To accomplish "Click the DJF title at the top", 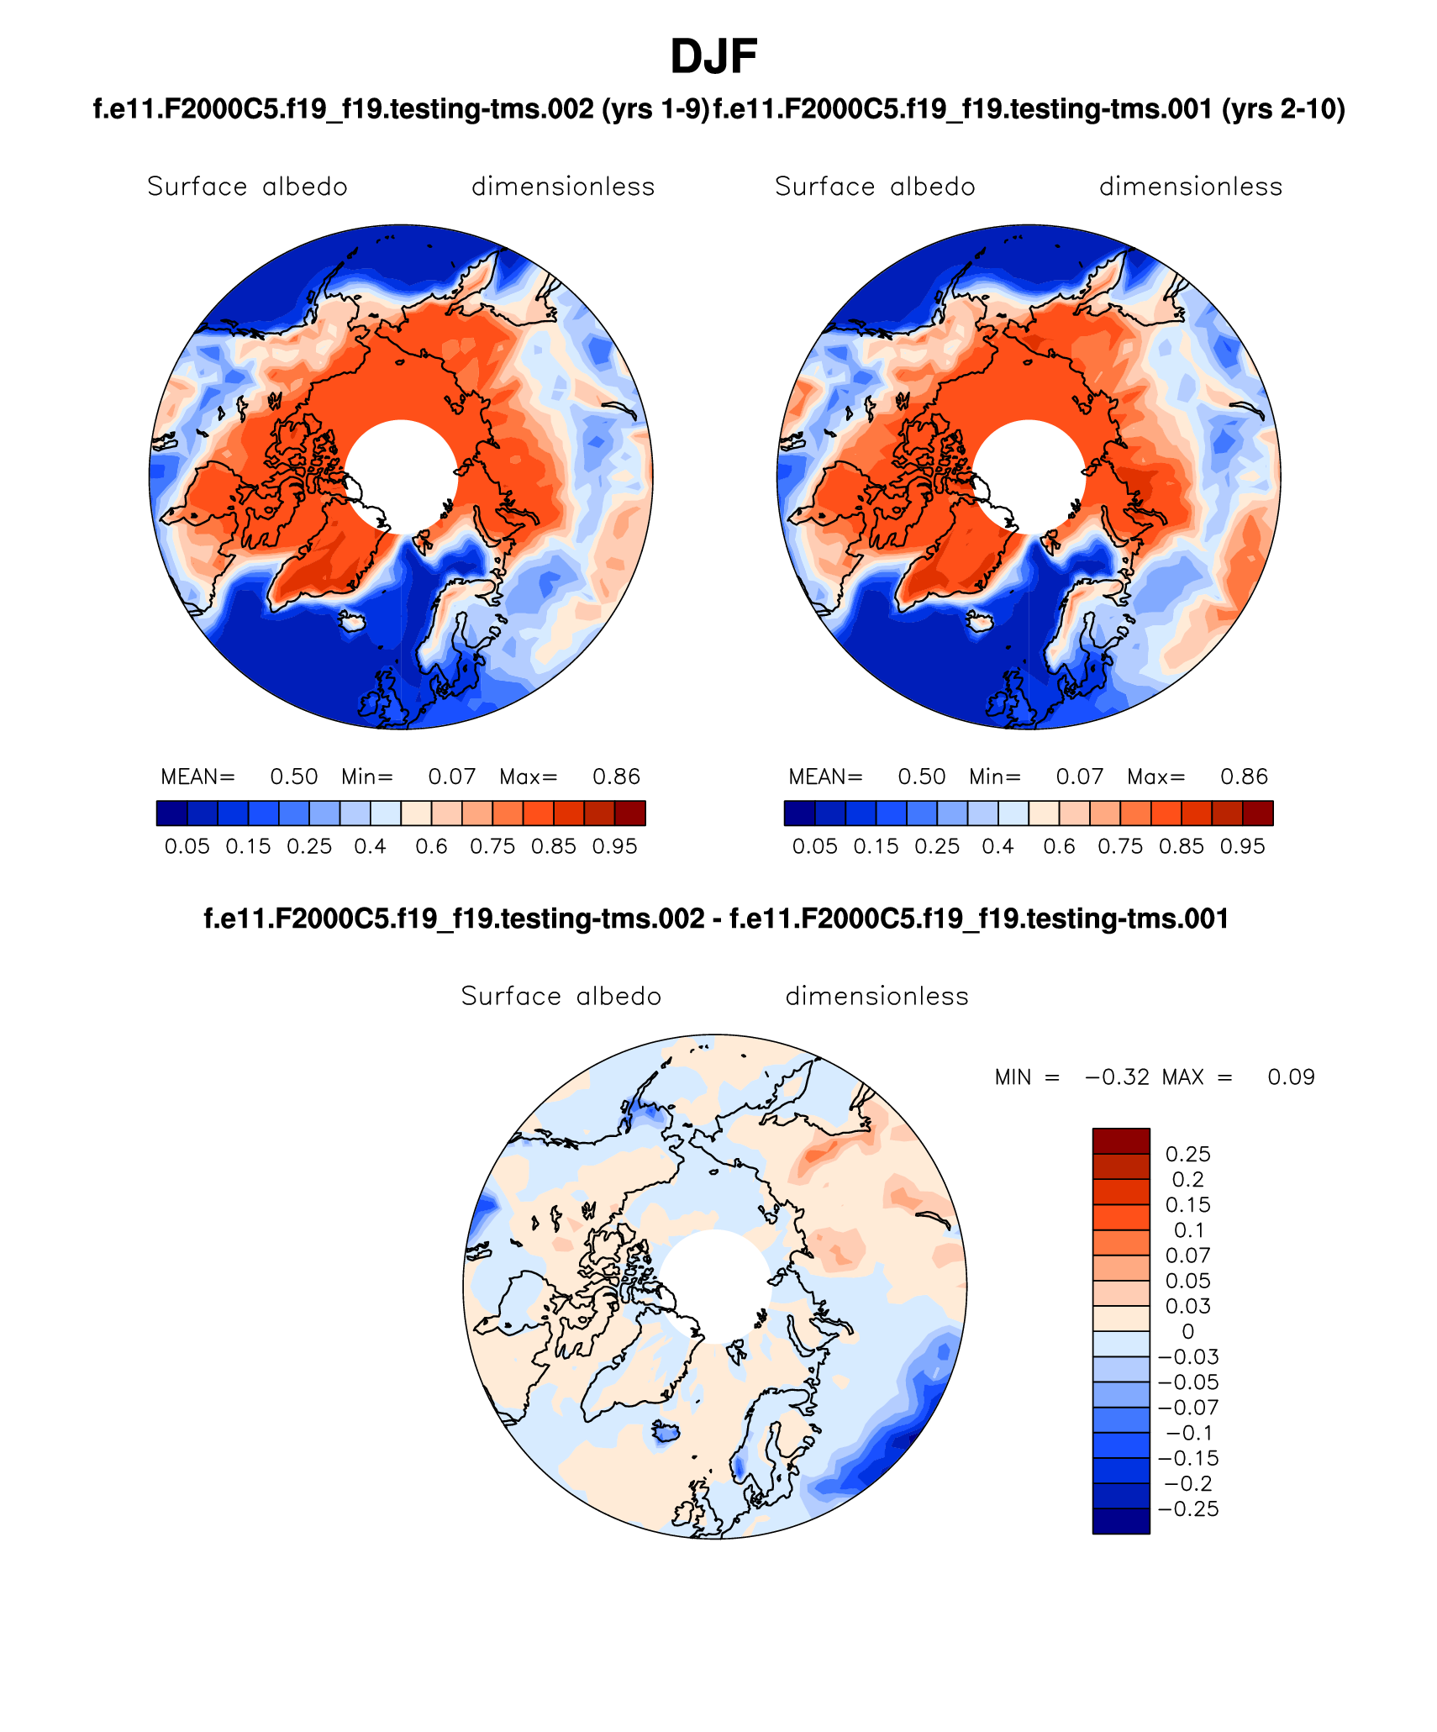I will (x=713, y=57).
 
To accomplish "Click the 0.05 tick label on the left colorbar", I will (x=187, y=846).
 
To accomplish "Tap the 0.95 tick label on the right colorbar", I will (x=1242, y=846).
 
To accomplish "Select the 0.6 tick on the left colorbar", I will (x=431, y=846).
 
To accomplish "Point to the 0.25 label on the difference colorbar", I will (x=1187, y=1154).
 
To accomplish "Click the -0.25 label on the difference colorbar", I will (x=1187, y=1508).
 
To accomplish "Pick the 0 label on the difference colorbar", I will (x=1187, y=1331).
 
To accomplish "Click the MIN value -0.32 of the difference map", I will (x=1117, y=1077).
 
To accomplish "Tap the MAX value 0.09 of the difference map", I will (x=1291, y=1077).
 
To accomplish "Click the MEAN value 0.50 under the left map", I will (x=293, y=777).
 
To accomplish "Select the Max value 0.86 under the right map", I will (x=1244, y=777).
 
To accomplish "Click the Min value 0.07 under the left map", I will (x=452, y=777).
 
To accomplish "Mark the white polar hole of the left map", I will (x=402, y=476).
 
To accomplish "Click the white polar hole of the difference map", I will (x=715, y=1286).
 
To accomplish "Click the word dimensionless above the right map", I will (x=1191, y=187).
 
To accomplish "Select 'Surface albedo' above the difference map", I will (x=561, y=996).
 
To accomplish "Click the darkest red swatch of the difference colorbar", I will (x=1121, y=1140).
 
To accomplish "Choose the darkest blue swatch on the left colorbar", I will (x=171, y=813).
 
